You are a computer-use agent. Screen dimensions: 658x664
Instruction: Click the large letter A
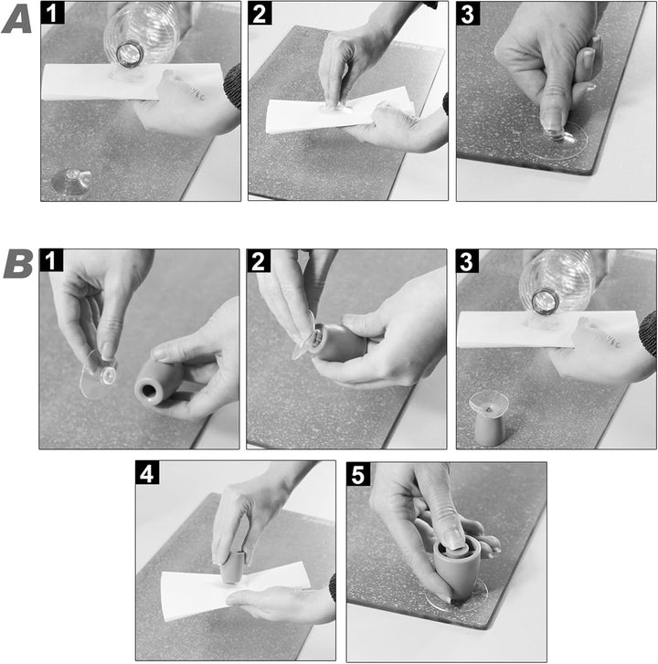point(16,21)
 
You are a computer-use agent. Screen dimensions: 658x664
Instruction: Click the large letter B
point(18,265)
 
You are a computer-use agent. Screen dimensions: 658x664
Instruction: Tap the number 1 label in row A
point(52,13)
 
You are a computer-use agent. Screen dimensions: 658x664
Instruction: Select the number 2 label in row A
point(260,13)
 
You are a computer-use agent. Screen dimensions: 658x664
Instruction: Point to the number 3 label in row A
point(468,14)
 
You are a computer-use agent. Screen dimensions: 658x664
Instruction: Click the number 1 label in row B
point(51,260)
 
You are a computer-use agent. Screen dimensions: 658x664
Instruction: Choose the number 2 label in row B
point(259,261)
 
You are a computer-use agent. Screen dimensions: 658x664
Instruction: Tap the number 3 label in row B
point(467,261)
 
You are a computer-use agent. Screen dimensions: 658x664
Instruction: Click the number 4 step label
point(147,472)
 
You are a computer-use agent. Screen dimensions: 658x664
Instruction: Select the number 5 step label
point(358,474)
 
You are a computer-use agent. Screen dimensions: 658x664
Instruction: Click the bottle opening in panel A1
point(129,54)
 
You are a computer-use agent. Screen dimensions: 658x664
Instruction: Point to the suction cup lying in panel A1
point(71,182)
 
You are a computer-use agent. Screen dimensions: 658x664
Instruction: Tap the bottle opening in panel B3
point(545,300)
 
